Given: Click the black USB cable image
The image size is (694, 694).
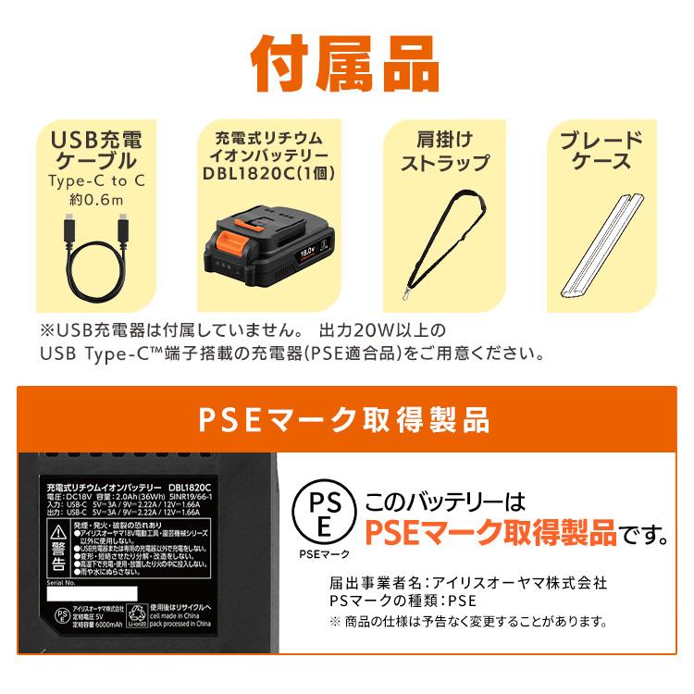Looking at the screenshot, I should click(x=96, y=256).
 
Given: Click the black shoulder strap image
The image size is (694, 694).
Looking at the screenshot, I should click(x=443, y=245).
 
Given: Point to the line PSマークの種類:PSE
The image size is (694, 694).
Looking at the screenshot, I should click(x=396, y=601).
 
